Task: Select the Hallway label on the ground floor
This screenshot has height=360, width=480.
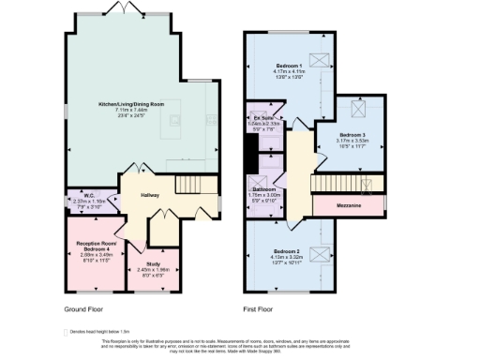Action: pyautogui.click(x=150, y=195)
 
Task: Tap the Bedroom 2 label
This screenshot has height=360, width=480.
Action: pyautogui.click(x=287, y=251)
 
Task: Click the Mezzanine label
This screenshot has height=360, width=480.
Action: pyautogui.click(x=349, y=202)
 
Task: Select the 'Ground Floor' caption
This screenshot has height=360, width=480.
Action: pyautogui.click(x=82, y=308)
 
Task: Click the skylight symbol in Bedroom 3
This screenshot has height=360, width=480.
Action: pyautogui.click(x=359, y=106)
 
